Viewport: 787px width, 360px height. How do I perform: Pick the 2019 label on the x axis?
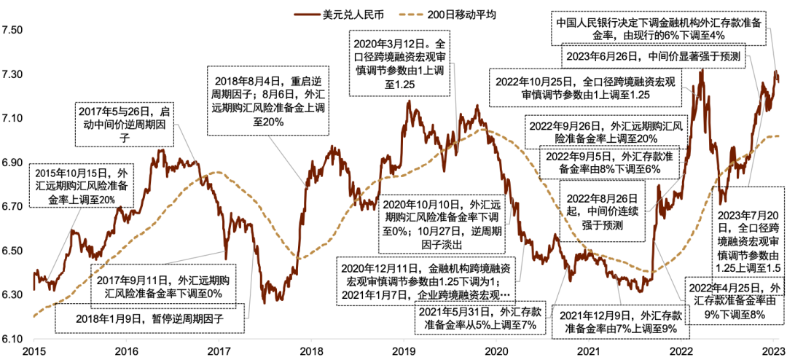(x=403, y=351)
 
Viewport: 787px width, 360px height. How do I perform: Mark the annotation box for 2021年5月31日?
(x=477, y=319)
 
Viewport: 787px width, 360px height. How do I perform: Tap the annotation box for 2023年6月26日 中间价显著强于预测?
(x=653, y=56)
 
